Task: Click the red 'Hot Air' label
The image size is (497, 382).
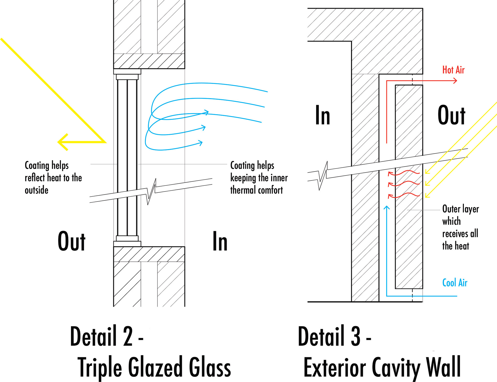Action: (x=453, y=70)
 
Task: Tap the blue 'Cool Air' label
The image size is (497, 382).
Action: (x=455, y=283)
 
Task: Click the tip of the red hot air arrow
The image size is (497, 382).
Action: (x=456, y=81)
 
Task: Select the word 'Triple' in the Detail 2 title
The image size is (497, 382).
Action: (x=99, y=368)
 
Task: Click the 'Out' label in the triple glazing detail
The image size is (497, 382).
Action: (x=71, y=242)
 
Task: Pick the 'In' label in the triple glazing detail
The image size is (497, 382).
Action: (x=220, y=242)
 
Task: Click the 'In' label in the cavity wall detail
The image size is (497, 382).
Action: (x=323, y=115)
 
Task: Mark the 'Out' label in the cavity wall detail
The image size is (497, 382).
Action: (x=451, y=115)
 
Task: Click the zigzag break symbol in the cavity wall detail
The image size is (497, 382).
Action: (x=323, y=175)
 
